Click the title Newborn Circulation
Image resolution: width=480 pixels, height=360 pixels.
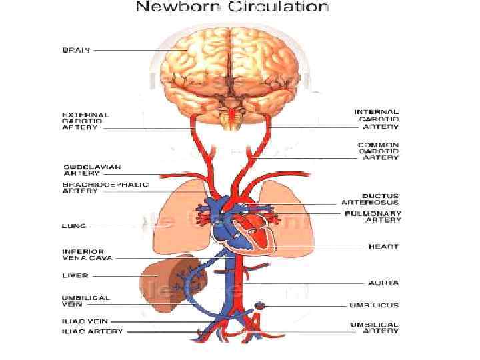(x=232, y=8)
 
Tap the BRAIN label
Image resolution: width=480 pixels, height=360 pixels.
(x=76, y=50)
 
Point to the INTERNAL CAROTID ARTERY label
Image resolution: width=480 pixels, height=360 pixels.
(x=377, y=119)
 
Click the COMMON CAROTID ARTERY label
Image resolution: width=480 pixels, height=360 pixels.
(x=378, y=151)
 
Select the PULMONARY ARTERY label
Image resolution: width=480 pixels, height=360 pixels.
(x=373, y=216)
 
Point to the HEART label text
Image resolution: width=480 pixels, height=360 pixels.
(x=383, y=247)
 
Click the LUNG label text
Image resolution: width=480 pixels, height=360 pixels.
(x=73, y=226)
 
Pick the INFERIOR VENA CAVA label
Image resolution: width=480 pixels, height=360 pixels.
(x=87, y=254)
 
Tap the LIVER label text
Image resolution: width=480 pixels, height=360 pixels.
(x=75, y=275)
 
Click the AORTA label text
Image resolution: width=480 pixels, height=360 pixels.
(x=383, y=283)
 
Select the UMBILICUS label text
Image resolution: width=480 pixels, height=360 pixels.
(x=374, y=305)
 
